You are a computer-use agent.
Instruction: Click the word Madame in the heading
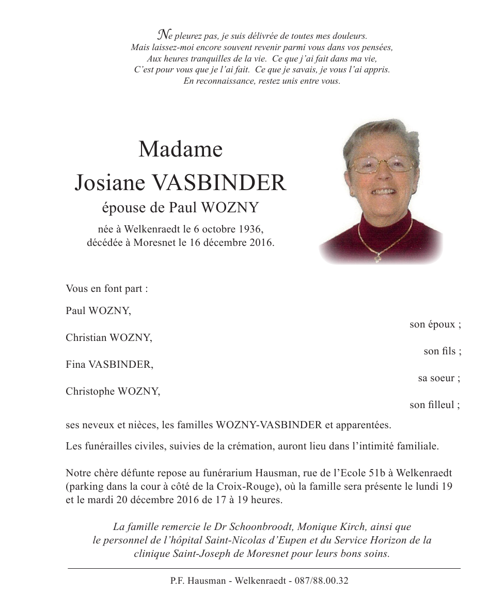pyautogui.click(x=180, y=150)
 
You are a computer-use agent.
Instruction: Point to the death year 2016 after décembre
pyautogui.click(x=260, y=242)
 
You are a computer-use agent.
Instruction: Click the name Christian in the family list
pyautogui.click(x=86, y=338)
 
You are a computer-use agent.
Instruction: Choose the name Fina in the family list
pyautogui.click(x=76, y=365)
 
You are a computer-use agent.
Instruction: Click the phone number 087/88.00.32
pyautogui.click(x=321, y=581)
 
